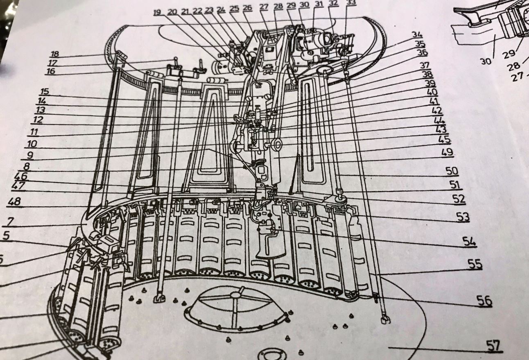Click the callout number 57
(x=494, y=346)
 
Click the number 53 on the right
(x=463, y=217)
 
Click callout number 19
(x=158, y=12)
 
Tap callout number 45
(x=445, y=139)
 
